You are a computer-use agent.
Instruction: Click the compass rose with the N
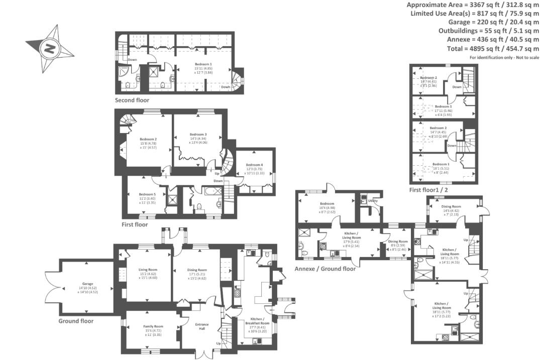tap(50, 49)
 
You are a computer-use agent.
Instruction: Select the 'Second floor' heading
tap(132, 100)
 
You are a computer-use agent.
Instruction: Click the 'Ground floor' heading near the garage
tap(76, 321)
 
